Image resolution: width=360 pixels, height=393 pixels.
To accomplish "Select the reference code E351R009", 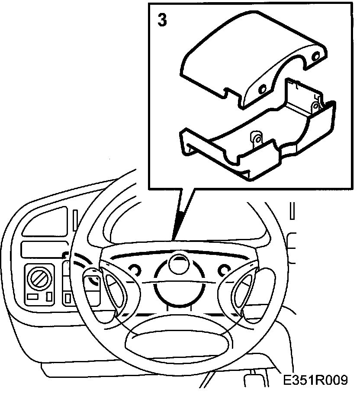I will (x=316, y=380).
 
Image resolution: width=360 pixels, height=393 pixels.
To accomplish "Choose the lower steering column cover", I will (x=260, y=139).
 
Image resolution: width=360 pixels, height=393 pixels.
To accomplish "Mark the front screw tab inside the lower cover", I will (x=257, y=139).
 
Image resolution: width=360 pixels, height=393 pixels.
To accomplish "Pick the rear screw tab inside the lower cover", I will (x=316, y=105).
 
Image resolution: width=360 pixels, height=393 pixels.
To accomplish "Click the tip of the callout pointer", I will (x=173, y=239).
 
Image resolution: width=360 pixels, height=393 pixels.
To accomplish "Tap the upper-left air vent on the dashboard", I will (x=43, y=223).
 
